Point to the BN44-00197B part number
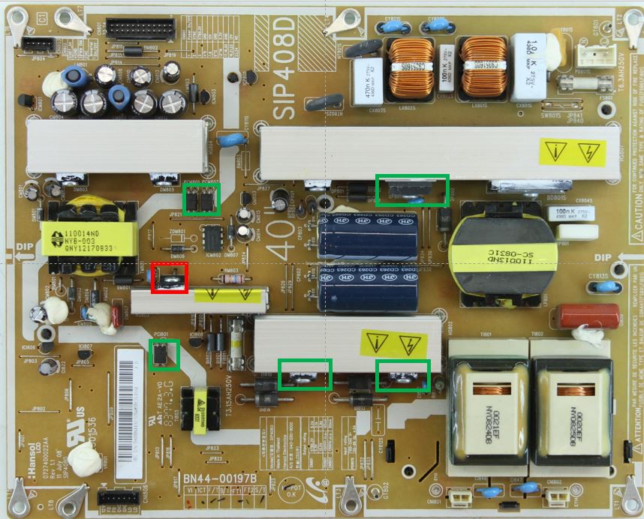click(220, 478)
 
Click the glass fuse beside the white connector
click(586, 83)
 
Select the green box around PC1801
click(164, 354)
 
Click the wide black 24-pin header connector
click(141, 30)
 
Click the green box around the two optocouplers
click(202, 200)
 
